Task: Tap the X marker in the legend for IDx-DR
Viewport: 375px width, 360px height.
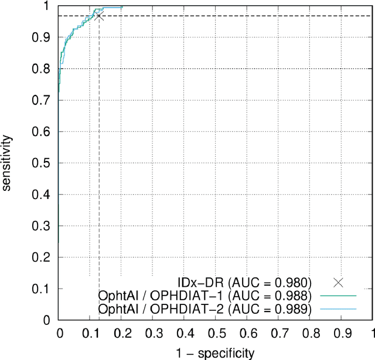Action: tap(338, 282)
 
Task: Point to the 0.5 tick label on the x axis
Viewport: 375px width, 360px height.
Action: tap(216, 333)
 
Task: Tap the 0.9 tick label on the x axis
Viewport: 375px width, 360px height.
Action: tap(342, 333)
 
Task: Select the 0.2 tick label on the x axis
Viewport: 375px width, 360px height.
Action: tap(121, 333)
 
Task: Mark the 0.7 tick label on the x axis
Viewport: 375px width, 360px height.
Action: tap(278, 333)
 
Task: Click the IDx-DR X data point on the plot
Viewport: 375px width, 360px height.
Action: tap(98, 16)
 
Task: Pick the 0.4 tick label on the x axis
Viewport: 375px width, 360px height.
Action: tap(184, 333)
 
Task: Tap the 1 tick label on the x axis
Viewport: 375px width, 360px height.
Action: tap(371, 333)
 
